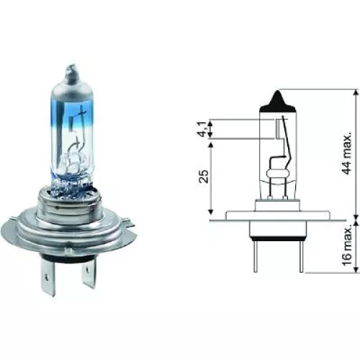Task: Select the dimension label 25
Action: coord(204,177)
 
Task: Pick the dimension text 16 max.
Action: coord(347,244)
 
